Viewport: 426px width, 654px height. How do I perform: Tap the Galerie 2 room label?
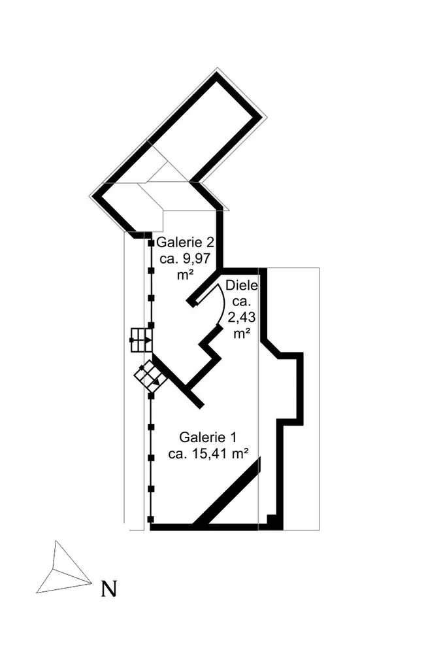click(185, 243)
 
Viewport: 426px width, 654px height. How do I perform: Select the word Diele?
click(242, 285)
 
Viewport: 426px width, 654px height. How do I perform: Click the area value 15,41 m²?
click(216, 454)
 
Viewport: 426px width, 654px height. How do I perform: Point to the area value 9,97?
click(195, 258)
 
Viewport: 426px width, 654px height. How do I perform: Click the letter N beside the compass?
click(109, 589)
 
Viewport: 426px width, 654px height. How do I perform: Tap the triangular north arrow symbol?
click(62, 569)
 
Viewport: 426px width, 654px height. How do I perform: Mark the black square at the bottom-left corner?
click(151, 521)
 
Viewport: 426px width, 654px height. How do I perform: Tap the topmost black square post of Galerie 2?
click(151, 244)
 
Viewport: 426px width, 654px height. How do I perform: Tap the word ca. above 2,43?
click(242, 301)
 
